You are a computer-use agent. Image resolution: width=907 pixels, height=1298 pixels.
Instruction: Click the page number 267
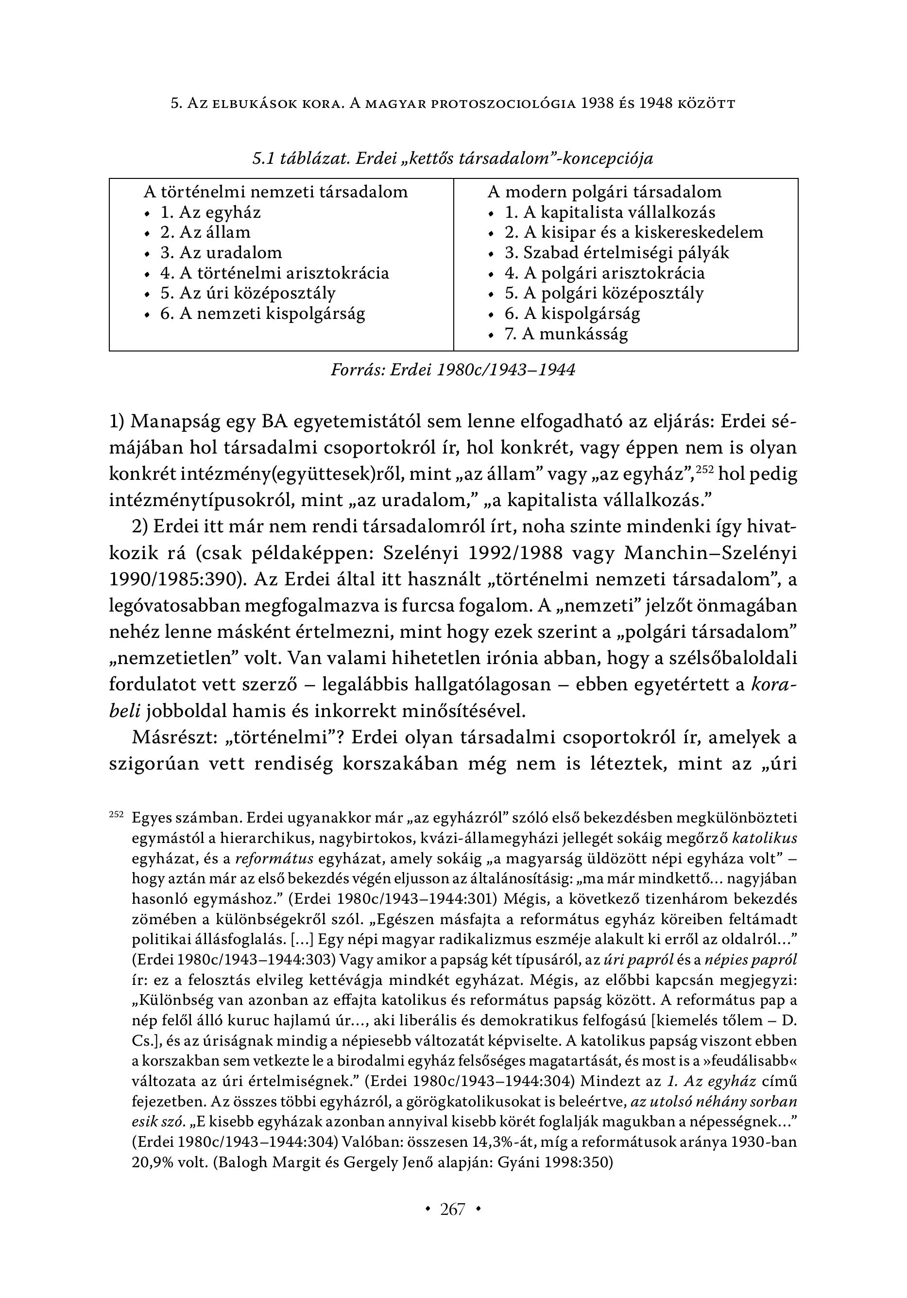click(x=452, y=1209)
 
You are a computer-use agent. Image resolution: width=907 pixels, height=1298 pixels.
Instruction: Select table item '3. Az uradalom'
click(x=221, y=253)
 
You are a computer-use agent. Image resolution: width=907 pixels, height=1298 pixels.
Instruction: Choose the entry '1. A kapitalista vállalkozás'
click(x=610, y=212)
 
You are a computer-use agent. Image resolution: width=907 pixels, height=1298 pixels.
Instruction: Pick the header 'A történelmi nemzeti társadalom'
click(x=276, y=192)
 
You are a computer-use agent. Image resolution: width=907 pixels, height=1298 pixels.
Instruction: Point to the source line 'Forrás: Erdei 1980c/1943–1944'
click(x=453, y=370)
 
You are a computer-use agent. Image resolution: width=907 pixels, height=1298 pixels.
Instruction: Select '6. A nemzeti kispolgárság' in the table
click(x=263, y=314)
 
